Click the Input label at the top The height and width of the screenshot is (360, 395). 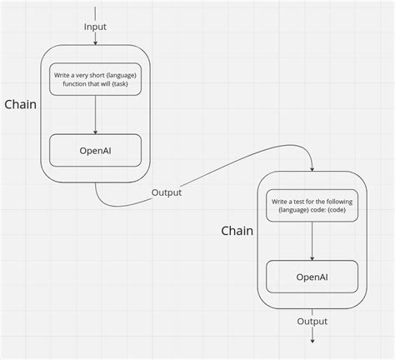[x=95, y=27]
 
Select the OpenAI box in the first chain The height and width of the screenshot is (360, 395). [x=95, y=150]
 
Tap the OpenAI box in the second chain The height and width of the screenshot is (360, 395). [x=312, y=277]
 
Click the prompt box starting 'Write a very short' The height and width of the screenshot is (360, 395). [x=95, y=80]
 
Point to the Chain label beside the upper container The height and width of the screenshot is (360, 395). [x=19, y=105]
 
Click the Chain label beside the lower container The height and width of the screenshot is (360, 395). [x=237, y=230]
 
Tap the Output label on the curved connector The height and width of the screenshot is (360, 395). [x=167, y=192]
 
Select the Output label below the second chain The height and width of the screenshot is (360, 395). [x=312, y=321]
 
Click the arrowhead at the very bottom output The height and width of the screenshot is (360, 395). [x=312, y=340]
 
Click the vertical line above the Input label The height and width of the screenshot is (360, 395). [x=95, y=11]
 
